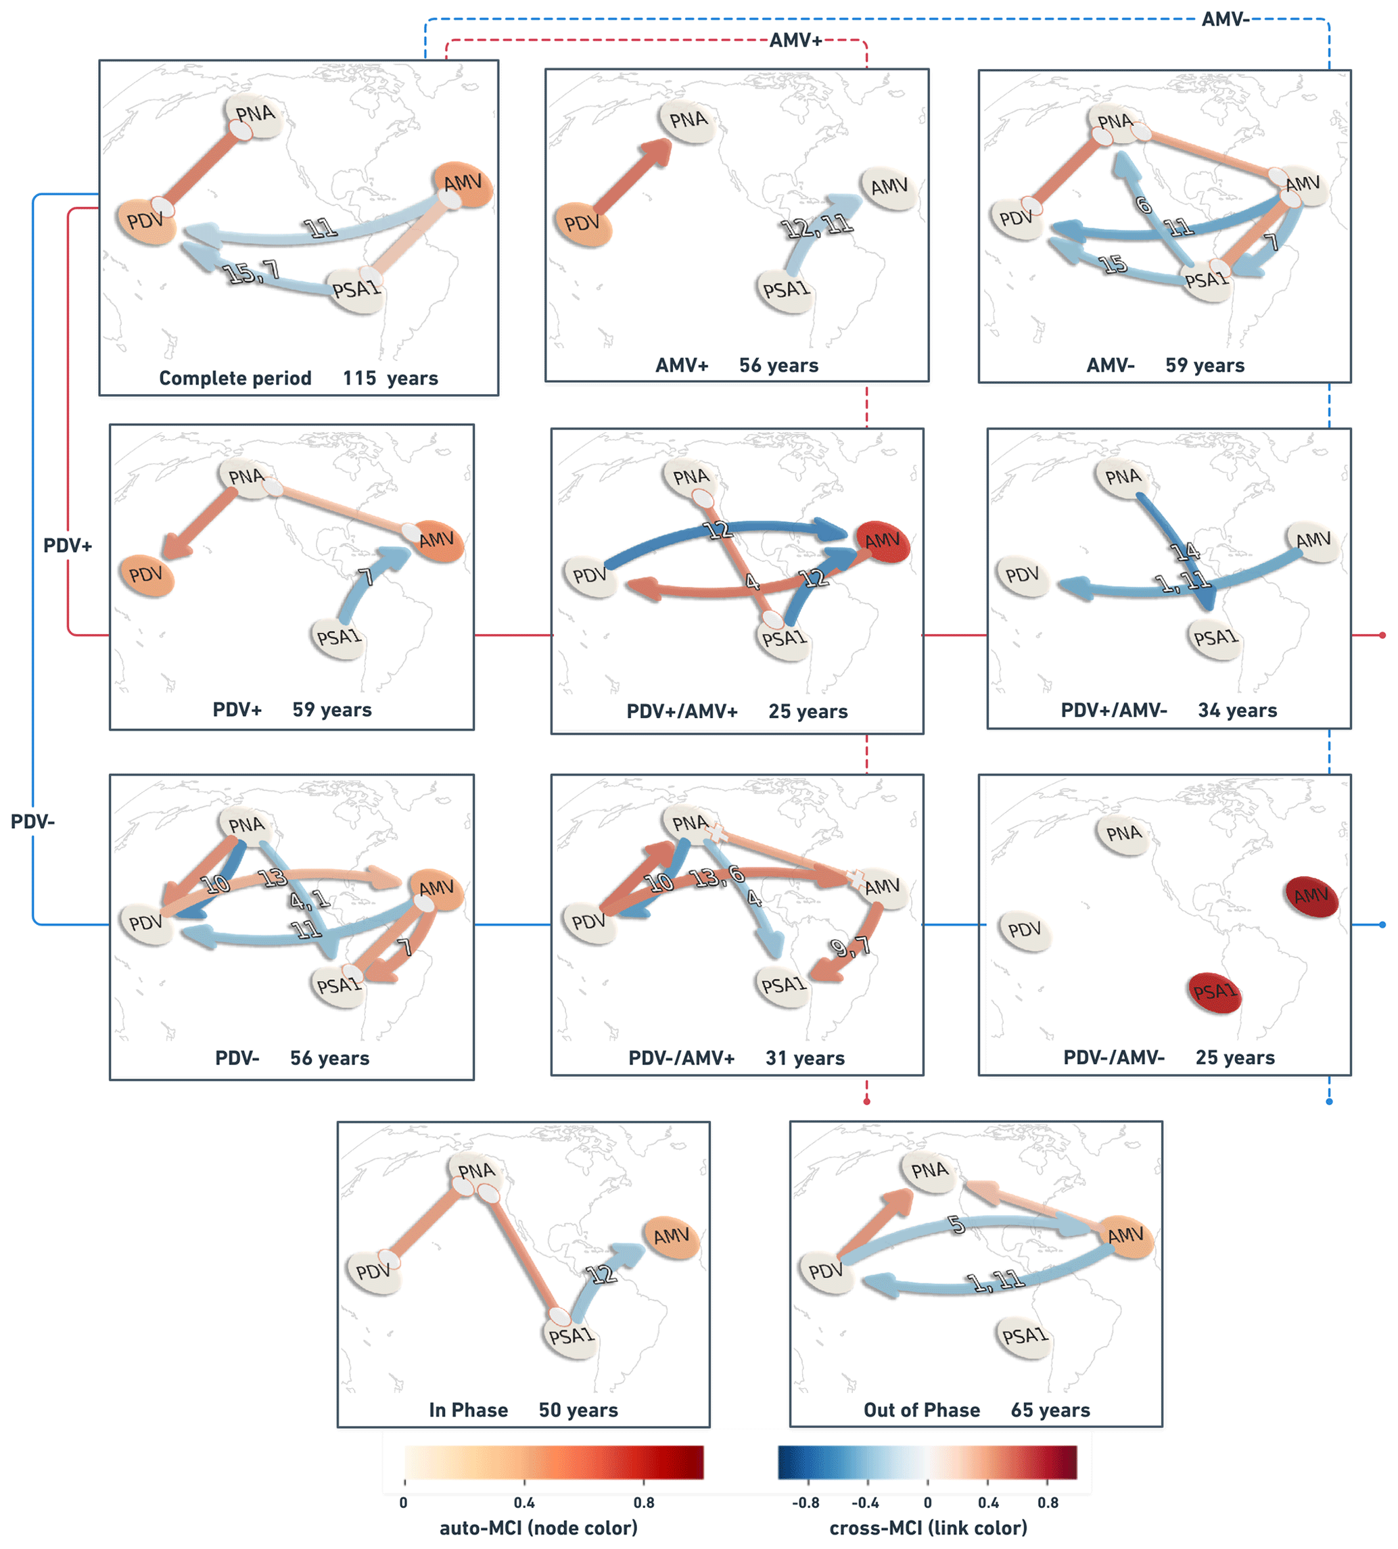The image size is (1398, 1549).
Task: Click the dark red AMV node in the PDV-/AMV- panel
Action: point(1311,897)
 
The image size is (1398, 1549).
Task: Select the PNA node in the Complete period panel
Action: point(254,115)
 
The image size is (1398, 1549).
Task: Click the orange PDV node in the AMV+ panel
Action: point(582,224)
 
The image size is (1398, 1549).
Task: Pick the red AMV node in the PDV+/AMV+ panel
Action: point(883,542)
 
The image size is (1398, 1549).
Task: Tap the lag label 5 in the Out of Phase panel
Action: point(956,1225)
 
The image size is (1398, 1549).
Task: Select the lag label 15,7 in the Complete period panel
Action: point(250,272)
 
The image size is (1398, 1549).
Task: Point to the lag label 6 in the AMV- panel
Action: point(1144,205)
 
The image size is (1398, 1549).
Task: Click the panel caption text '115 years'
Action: point(390,379)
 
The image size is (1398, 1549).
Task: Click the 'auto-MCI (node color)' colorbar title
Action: point(538,1528)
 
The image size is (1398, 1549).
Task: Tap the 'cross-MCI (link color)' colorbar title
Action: point(928,1528)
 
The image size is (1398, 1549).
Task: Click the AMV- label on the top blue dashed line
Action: point(1225,19)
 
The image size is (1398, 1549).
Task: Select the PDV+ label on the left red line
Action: point(68,546)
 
